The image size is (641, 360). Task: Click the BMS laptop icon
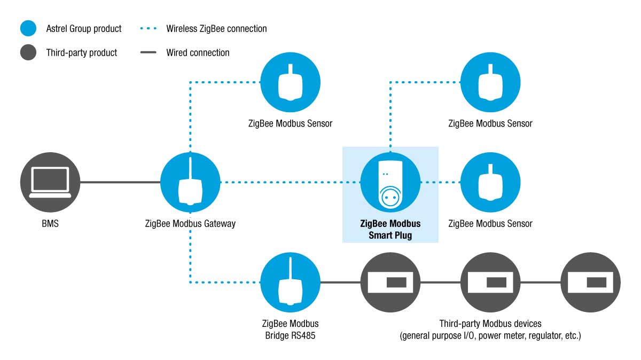(x=50, y=182)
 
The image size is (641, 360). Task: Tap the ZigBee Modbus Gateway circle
(x=190, y=182)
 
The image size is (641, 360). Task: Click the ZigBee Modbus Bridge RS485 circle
(x=291, y=283)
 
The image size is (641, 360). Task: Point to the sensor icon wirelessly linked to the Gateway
(x=291, y=82)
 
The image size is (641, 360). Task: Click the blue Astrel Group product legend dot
(x=28, y=28)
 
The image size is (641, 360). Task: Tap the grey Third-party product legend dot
(x=28, y=52)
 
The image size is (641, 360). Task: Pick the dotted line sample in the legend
(x=148, y=28)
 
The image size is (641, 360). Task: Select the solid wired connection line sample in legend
(x=148, y=52)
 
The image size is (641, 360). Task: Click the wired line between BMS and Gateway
(x=120, y=182)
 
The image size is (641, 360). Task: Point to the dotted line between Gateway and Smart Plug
(x=291, y=182)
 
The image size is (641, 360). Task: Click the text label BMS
(x=50, y=223)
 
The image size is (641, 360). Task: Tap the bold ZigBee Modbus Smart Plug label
(x=390, y=229)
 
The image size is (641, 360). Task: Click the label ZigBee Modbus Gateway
(x=190, y=223)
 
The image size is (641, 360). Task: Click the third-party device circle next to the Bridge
(x=390, y=283)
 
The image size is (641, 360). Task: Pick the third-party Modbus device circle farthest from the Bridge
(x=591, y=283)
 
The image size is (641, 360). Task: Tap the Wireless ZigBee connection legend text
(x=216, y=29)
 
